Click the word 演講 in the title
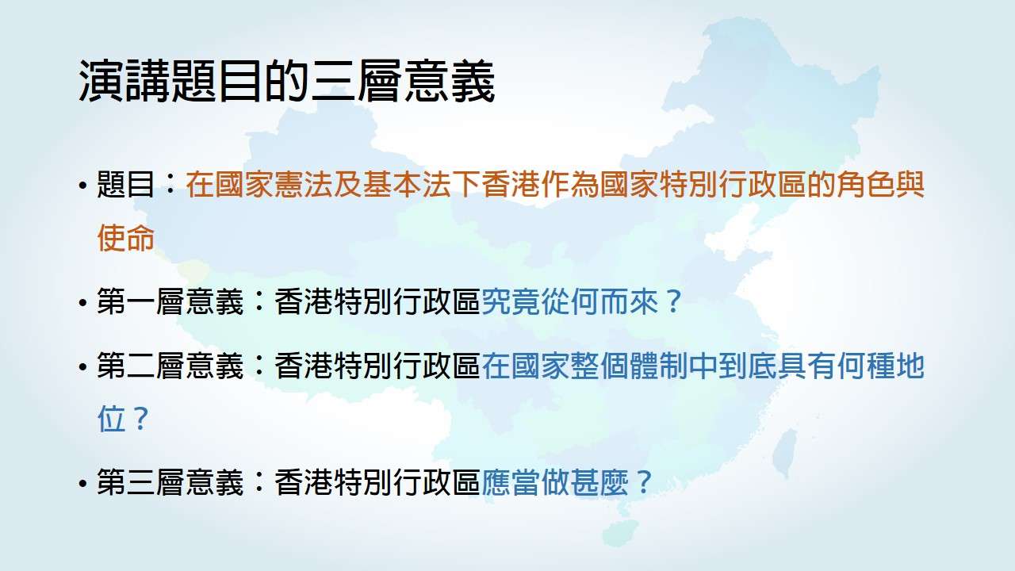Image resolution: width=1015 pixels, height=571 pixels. click(125, 81)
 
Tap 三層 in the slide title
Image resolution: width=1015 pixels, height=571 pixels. click(356, 81)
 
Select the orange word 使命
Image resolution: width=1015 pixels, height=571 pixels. click(126, 237)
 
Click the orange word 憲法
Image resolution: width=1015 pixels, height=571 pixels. click(289, 185)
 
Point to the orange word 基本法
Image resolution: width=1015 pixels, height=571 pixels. click(408, 185)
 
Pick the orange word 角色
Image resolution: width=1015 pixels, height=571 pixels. click(865, 185)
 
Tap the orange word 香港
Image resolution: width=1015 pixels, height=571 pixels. click(511, 185)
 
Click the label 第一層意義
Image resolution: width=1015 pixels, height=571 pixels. click(170, 301)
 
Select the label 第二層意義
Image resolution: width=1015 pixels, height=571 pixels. click(170, 366)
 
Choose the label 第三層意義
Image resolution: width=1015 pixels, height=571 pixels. click(170, 481)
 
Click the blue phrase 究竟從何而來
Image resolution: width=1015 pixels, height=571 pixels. click(570, 301)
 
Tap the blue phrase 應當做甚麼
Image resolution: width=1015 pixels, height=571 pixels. click(555, 481)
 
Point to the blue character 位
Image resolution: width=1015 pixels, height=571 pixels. click(112, 419)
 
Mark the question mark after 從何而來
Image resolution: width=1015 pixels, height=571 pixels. click(674, 301)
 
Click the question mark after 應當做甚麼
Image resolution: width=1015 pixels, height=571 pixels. click(644, 482)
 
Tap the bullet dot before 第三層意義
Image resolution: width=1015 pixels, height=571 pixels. click(82, 484)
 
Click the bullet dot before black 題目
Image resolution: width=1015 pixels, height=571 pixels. click(82, 186)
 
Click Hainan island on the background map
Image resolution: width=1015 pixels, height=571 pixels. click(620, 531)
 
